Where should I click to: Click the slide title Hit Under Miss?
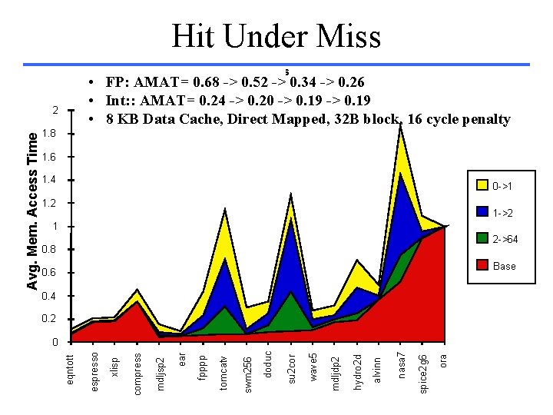(x=276, y=35)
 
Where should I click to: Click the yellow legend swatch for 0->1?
(x=482, y=185)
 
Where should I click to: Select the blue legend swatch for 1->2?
(x=482, y=212)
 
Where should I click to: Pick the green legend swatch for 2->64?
(x=482, y=239)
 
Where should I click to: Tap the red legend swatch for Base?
(x=482, y=266)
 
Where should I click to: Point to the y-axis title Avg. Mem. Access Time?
(x=32, y=211)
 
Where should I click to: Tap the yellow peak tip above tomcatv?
(x=224, y=209)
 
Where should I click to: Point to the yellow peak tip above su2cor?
(x=291, y=194)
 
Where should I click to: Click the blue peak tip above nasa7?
(x=401, y=173)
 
